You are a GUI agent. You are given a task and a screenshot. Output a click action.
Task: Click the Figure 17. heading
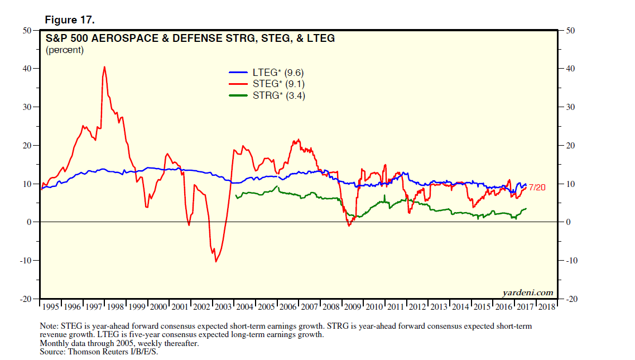point(70,20)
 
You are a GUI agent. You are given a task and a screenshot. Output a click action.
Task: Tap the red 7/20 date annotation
point(537,188)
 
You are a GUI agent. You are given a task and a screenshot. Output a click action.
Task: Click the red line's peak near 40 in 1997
point(104,67)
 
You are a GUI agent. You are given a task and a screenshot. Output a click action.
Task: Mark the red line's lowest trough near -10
point(215,261)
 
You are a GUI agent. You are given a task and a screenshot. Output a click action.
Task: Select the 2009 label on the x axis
point(352,308)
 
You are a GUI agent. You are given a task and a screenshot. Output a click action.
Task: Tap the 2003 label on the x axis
point(224,308)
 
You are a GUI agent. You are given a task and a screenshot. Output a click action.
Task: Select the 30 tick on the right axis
point(570,107)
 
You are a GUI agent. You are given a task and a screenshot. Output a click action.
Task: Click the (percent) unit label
point(64,50)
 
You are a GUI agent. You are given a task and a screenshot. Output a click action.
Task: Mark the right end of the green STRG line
point(526,209)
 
